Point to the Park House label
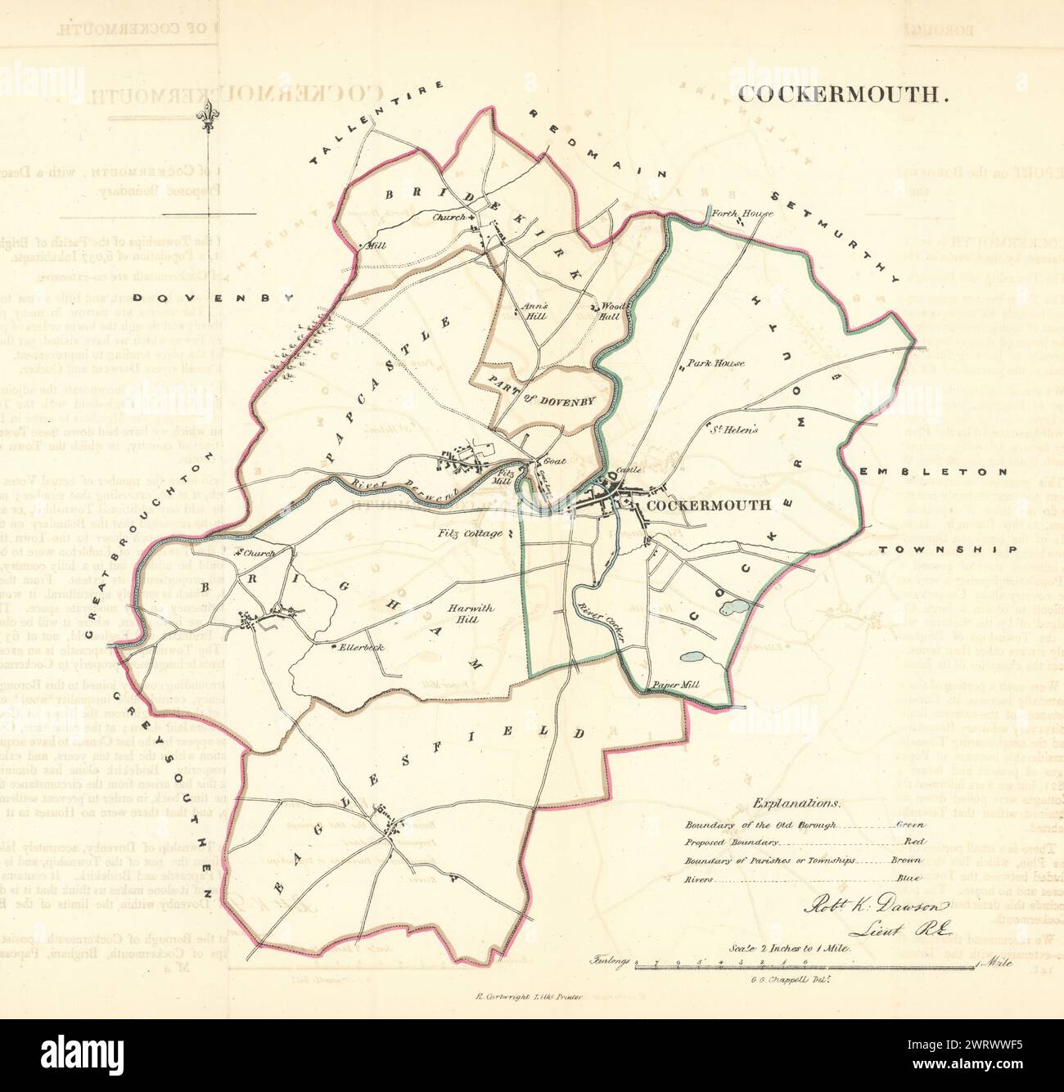715,362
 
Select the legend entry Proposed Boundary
734,842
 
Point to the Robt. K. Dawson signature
875,906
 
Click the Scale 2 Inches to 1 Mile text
791,947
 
